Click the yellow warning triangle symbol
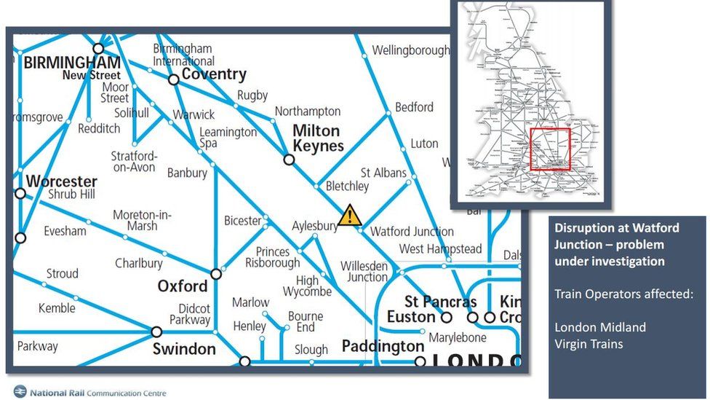[x=350, y=215]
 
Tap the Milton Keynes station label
[x=317, y=138]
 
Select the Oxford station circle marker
[x=216, y=274]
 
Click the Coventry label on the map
[x=214, y=74]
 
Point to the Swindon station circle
[x=156, y=332]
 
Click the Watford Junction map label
[x=412, y=232]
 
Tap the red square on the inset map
[x=549, y=149]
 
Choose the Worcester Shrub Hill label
[x=62, y=187]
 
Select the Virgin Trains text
[x=589, y=344]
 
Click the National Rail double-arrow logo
[x=20, y=392]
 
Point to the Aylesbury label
[x=315, y=226]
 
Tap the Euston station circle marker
[x=447, y=317]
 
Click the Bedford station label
[x=414, y=107]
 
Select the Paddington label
[x=383, y=345]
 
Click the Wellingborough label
[x=410, y=50]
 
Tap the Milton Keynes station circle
[x=289, y=160]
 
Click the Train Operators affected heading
[x=623, y=294]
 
